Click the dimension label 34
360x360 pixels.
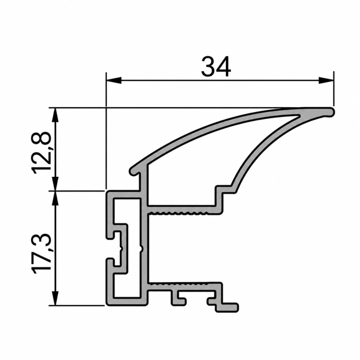click(x=216, y=67)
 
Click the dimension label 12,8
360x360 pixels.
click(x=41, y=153)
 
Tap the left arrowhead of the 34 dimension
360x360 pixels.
click(x=114, y=81)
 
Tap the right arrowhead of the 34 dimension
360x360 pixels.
click(x=326, y=81)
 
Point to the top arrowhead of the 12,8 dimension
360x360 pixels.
click(x=55, y=116)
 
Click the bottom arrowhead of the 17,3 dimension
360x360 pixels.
click(x=55, y=298)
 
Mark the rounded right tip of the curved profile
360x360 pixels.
click(x=331, y=112)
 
